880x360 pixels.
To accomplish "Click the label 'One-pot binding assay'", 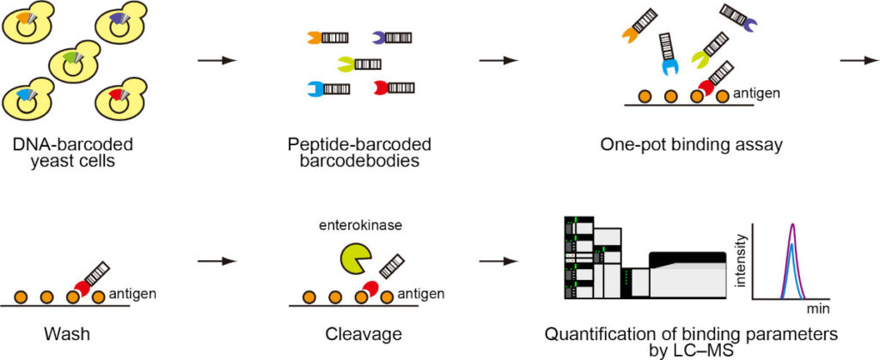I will (x=691, y=144).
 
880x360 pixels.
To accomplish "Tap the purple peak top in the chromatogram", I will (x=792, y=225).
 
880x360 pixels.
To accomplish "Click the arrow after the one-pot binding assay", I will (x=856, y=62).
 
